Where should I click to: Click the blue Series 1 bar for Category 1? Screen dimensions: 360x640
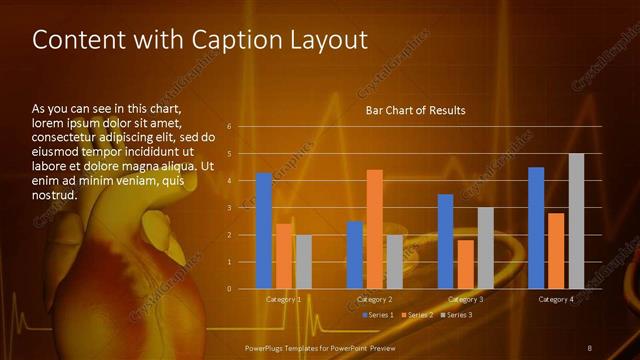pos(264,231)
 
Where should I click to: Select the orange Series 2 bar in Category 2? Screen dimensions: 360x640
pos(374,229)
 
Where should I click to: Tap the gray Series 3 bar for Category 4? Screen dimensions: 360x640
pos(576,221)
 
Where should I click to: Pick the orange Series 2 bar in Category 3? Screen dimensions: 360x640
pos(465,264)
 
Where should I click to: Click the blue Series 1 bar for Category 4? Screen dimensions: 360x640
pos(536,228)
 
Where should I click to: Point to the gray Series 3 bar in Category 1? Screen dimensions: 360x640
pos(304,262)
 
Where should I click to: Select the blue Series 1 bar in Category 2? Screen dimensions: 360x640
pos(354,255)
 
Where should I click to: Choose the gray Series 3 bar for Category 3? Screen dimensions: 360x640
pos(485,248)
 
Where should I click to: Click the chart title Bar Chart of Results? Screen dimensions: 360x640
pos(415,110)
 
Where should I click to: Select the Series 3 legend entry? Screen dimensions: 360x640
pos(456,315)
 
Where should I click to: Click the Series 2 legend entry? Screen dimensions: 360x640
pos(417,315)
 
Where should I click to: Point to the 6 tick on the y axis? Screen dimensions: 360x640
pos(229,127)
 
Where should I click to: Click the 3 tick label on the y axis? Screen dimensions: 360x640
pos(229,208)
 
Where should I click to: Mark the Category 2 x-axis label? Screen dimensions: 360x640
pos(375,299)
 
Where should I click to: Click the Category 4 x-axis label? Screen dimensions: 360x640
pos(556,299)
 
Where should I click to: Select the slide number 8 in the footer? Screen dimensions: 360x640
pos(590,347)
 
